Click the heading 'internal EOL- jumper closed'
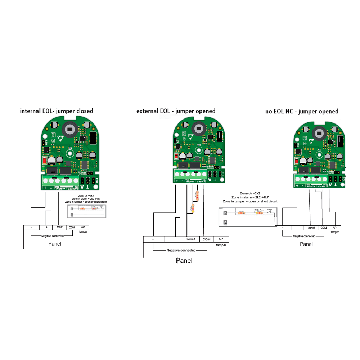(x=57, y=111)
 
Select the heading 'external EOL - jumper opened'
(x=176, y=111)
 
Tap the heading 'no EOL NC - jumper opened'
(x=302, y=111)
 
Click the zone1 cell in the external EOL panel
(x=191, y=239)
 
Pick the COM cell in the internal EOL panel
(x=72, y=228)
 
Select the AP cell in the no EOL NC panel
(x=334, y=228)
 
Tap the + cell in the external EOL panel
(x=172, y=239)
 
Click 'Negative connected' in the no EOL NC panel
(x=304, y=236)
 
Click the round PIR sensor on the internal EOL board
(x=68, y=129)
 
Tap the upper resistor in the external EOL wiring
(x=197, y=195)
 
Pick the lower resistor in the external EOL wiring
(x=192, y=208)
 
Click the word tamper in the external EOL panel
(x=221, y=245)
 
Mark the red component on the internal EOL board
(x=45, y=161)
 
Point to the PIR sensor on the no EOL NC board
(x=319, y=133)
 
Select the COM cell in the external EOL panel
(x=206, y=239)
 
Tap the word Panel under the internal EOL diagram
(x=55, y=244)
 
